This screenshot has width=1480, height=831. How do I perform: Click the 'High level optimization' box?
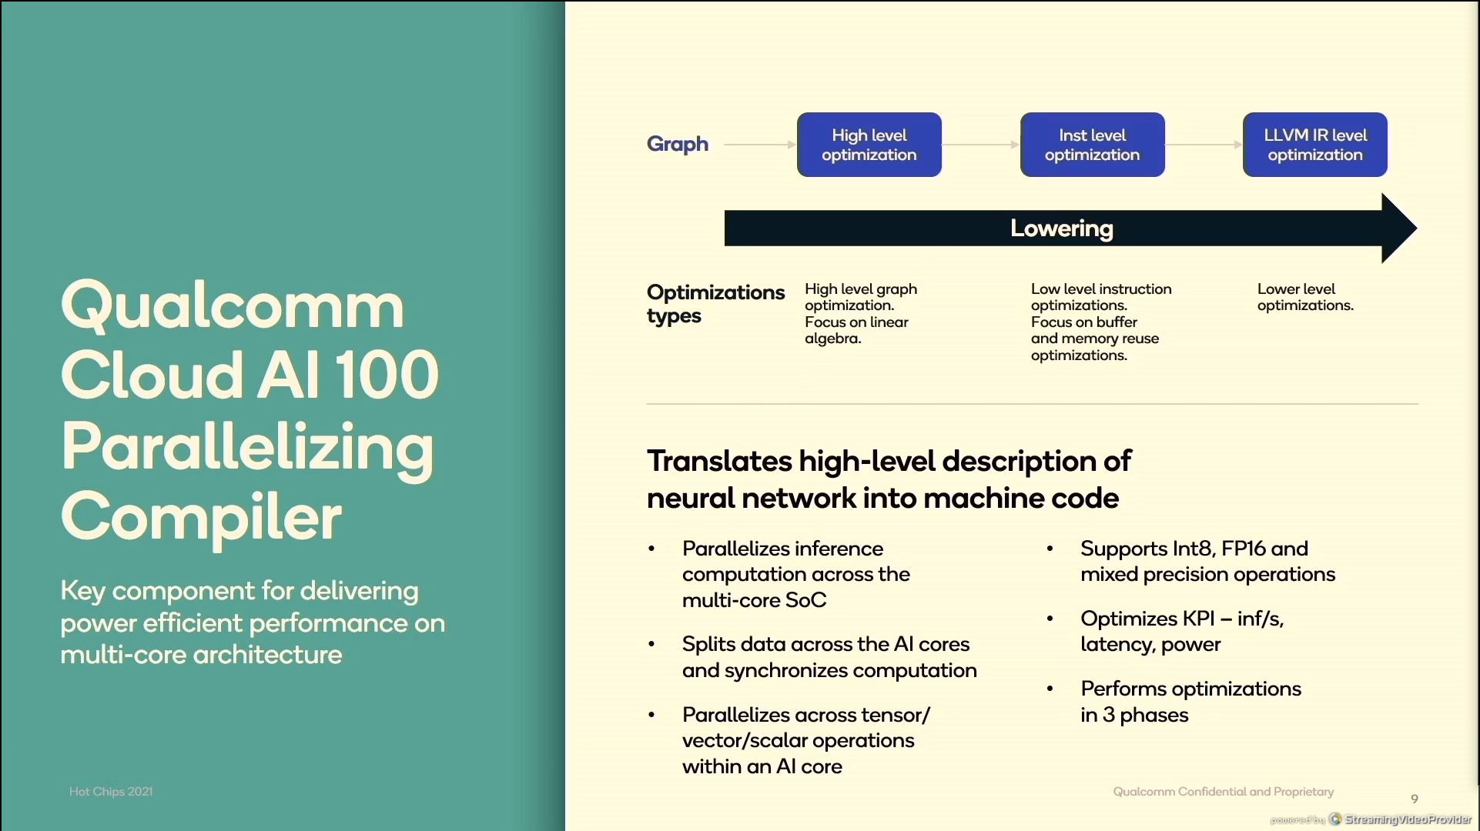(x=869, y=145)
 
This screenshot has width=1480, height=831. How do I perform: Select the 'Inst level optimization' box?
(x=1092, y=145)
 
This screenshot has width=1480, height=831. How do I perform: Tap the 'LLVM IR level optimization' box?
(x=1315, y=145)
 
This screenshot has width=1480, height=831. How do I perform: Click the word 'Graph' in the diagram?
(x=678, y=145)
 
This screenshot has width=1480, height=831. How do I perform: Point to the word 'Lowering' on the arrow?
(x=1061, y=229)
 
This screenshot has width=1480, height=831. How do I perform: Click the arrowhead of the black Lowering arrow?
(x=1399, y=229)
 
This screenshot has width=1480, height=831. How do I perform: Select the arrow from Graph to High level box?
(x=760, y=145)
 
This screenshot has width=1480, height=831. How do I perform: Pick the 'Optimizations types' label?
(x=715, y=304)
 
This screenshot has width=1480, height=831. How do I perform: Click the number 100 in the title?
(x=387, y=375)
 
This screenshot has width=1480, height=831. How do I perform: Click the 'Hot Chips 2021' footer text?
(x=111, y=792)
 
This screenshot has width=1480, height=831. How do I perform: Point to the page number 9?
(x=1415, y=799)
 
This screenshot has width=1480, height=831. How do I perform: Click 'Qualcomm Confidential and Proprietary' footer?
(x=1224, y=792)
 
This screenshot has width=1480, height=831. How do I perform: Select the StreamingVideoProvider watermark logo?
(x=1335, y=819)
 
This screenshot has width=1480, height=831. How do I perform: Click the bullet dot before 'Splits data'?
(x=651, y=644)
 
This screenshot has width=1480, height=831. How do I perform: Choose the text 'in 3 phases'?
(x=1134, y=715)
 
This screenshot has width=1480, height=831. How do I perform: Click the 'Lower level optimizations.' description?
(x=1305, y=297)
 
